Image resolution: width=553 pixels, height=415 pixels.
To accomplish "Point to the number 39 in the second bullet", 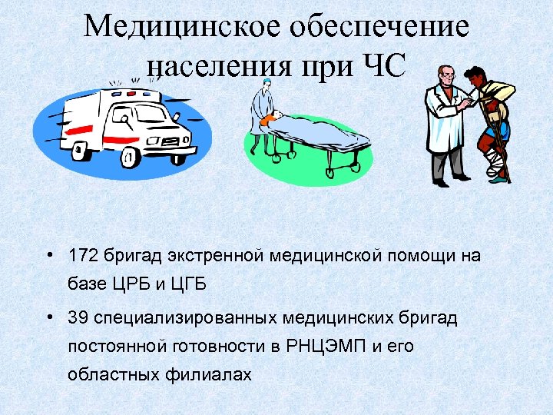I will point(77,317).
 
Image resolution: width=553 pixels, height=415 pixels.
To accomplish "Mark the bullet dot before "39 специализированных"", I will point(49,317).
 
